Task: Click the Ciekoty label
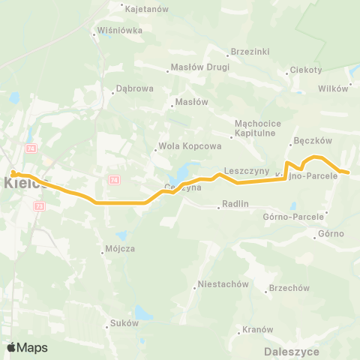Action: [x=307, y=70]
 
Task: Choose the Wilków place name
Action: [x=333, y=86]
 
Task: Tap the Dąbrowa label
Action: [x=135, y=88]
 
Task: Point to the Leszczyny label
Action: [x=246, y=170]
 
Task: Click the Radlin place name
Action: [x=235, y=202]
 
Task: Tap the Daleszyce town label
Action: [x=292, y=350]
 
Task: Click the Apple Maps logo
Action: [x=27, y=347]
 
